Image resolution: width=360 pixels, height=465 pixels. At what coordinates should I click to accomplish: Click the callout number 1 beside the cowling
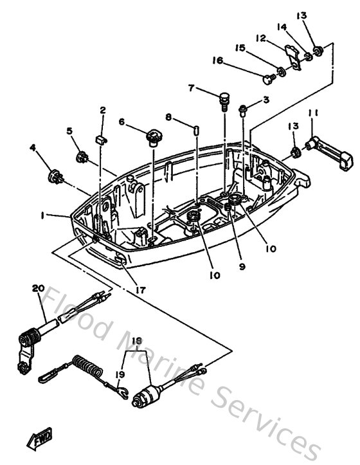click(x=42, y=217)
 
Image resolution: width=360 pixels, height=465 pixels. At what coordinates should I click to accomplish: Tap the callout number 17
click(x=139, y=290)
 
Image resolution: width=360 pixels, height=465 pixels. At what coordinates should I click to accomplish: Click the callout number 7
click(x=191, y=87)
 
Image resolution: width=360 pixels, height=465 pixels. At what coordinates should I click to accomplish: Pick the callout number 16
click(x=218, y=60)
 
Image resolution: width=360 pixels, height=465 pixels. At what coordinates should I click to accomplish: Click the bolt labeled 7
click(x=224, y=99)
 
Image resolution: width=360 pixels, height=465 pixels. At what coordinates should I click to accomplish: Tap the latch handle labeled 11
click(x=331, y=152)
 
